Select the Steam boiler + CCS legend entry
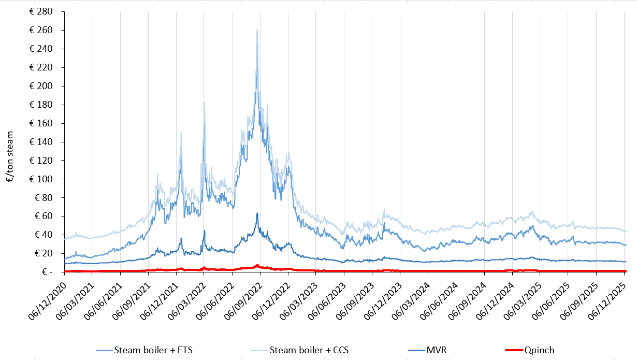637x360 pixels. tap(310, 350)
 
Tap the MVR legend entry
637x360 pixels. tap(437, 350)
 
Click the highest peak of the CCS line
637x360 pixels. tap(257, 31)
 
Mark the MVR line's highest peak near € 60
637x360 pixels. tap(257, 213)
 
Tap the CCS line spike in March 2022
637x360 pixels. tap(204, 103)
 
